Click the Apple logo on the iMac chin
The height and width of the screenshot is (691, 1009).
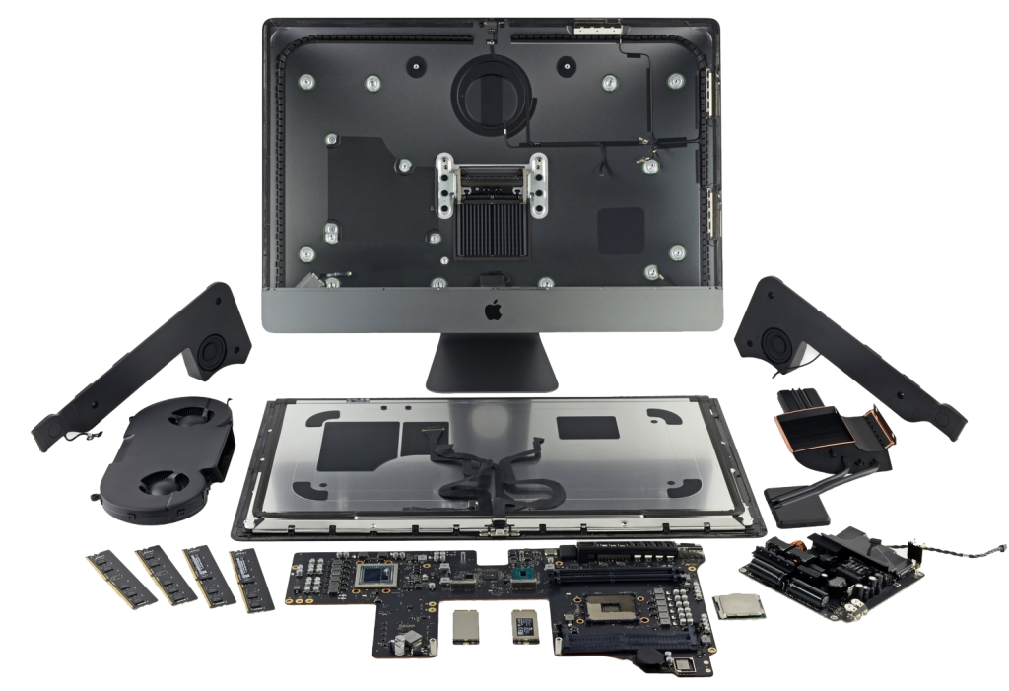pyautogui.click(x=490, y=312)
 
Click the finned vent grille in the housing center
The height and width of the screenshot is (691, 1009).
pyautogui.click(x=490, y=222)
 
